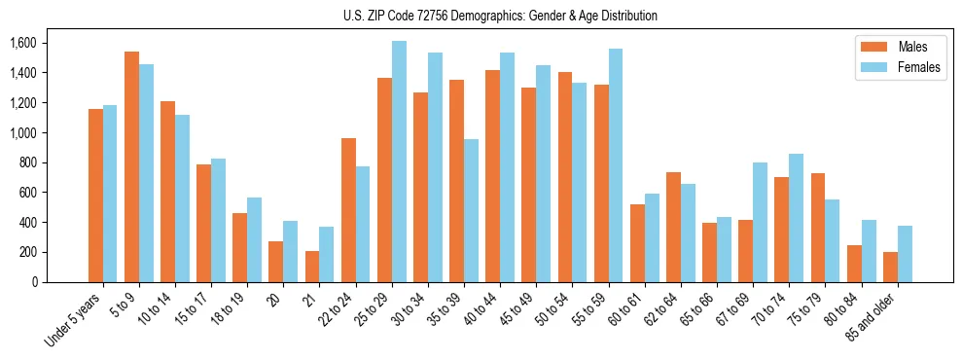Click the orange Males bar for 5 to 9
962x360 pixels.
(x=131, y=166)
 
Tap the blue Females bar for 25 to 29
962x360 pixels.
(x=399, y=162)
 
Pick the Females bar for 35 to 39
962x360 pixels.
(x=471, y=210)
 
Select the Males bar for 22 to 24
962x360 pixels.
(x=348, y=210)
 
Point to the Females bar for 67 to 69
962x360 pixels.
(x=760, y=222)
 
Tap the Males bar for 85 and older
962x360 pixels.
(x=889, y=267)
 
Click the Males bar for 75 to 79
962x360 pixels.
(x=817, y=228)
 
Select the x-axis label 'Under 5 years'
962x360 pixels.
(x=73, y=319)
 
